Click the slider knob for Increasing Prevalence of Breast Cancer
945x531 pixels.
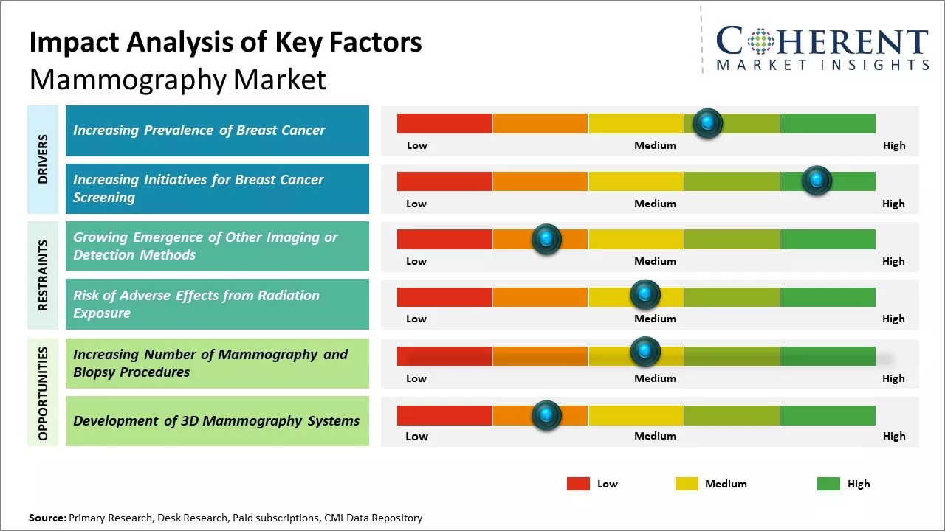708,123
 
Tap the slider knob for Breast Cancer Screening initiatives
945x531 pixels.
817,181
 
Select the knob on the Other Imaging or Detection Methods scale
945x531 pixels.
546,239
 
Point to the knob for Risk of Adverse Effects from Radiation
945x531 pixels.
645,295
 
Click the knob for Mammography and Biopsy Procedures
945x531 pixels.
645,352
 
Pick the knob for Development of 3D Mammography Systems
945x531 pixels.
546,415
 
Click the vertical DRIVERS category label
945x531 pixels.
43,159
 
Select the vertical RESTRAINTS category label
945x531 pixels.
43,275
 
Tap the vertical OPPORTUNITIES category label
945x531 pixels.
43,393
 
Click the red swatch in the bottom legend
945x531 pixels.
578,484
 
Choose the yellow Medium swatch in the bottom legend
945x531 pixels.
687,484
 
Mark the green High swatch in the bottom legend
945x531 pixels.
828,484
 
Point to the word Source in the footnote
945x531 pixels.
47,518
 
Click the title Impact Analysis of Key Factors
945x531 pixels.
225,43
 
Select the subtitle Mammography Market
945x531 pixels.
177,79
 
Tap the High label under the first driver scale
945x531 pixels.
894,145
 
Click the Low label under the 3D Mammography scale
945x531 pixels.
416,436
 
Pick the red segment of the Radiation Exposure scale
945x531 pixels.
444,296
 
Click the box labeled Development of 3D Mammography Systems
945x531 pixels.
217,421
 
